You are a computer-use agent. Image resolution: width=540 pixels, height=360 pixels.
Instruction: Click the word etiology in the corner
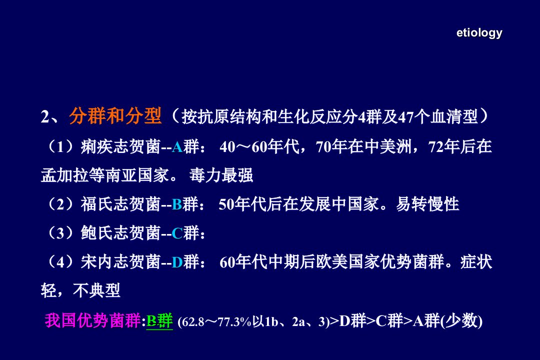click(x=479, y=33)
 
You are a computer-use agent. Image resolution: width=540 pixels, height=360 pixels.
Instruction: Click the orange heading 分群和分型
click(x=115, y=116)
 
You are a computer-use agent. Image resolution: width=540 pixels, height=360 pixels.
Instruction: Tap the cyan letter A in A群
click(x=177, y=147)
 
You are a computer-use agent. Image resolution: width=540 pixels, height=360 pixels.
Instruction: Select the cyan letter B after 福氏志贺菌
click(x=176, y=204)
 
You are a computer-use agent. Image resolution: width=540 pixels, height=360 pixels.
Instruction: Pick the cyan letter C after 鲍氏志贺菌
click(x=177, y=233)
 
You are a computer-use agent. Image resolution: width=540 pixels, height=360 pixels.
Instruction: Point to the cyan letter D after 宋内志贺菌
click(x=177, y=262)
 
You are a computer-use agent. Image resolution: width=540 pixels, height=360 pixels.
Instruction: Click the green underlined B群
click(x=159, y=320)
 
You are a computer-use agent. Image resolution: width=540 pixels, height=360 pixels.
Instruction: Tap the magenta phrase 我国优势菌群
click(x=92, y=320)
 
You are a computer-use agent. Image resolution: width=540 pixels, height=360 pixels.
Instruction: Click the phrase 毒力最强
click(x=221, y=175)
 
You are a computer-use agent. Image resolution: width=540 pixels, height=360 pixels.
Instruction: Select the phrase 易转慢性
click(x=427, y=204)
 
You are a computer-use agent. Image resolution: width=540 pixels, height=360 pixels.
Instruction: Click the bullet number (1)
click(x=61, y=147)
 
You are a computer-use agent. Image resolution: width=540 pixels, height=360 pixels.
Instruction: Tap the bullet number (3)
click(x=61, y=233)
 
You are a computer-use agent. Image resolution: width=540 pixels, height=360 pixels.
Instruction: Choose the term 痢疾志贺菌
click(x=120, y=147)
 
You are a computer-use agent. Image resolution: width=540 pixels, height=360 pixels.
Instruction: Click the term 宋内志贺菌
click(x=120, y=262)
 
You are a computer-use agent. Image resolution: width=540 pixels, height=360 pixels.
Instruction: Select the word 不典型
click(x=96, y=290)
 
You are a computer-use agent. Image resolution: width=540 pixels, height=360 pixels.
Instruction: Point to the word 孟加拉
click(x=64, y=175)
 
